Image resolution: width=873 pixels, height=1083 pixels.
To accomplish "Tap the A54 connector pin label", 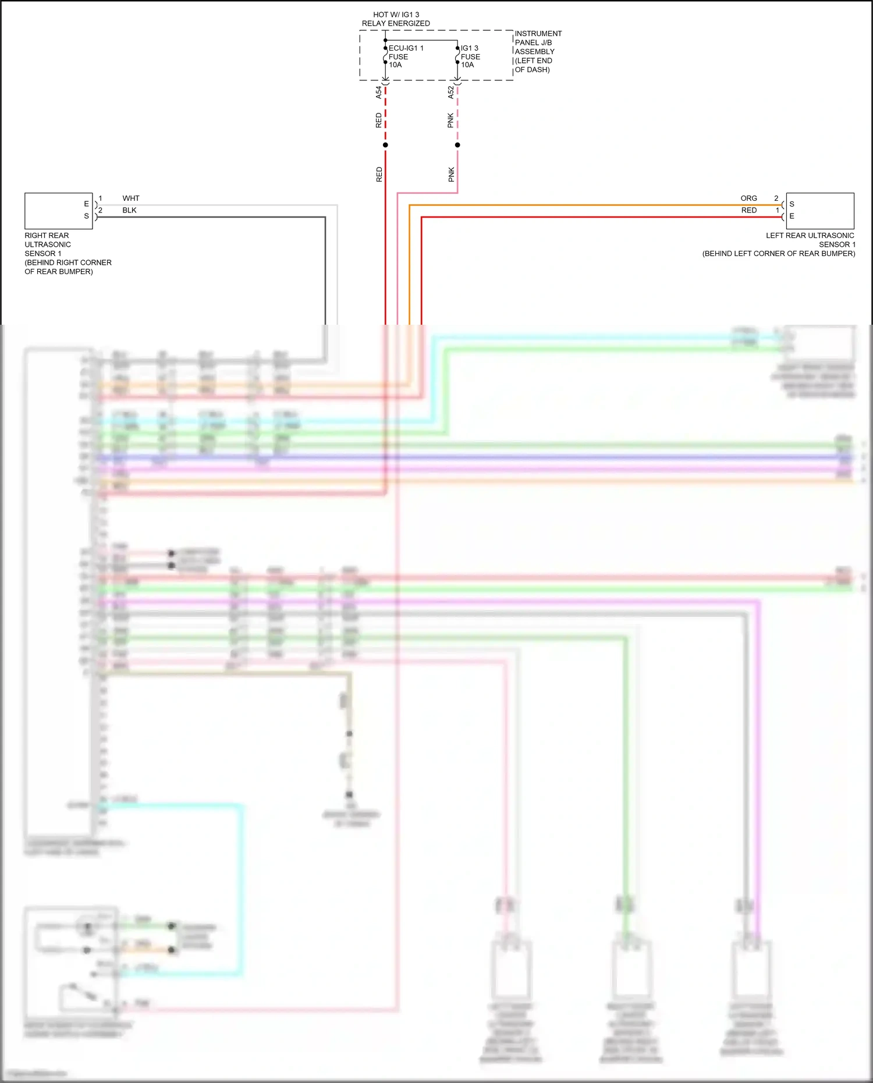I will tap(378, 91).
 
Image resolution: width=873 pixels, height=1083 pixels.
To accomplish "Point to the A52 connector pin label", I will tap(450, 91).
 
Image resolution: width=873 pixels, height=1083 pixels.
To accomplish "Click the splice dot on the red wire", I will tap(385, 145).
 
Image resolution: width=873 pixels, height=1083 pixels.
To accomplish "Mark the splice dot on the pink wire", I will tap(457, 145).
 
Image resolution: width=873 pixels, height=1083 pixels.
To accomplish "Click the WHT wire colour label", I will tap(131, 198).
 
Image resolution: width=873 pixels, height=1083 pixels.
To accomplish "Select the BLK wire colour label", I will tap(129, 210).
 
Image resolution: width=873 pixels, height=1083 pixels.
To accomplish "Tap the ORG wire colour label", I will tap(748, 198).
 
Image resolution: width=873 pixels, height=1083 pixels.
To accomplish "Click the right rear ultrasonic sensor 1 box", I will tap(58, 211).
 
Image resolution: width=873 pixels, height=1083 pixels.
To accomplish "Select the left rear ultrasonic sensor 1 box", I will tap(820, 211).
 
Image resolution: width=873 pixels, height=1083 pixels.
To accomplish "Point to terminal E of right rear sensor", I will tap(86, 204).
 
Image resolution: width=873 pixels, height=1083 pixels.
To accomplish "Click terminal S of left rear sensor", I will tap(792, 204).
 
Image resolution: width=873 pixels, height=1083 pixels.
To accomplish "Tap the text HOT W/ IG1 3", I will tap(396, 15).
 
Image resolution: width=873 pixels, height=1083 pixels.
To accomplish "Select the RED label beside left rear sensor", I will tap(748, 210).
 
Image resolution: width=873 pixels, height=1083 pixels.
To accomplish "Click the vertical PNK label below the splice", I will tap(451, 175).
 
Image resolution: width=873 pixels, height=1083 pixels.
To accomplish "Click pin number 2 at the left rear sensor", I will tap(776, 198).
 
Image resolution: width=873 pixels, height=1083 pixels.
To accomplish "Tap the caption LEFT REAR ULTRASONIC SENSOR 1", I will tap(810, 240).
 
